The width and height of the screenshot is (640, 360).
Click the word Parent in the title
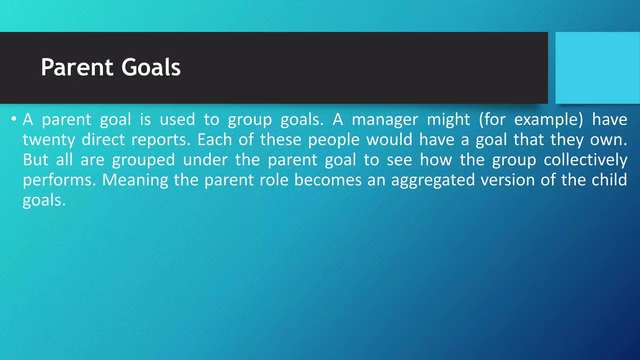(x=77, y=67)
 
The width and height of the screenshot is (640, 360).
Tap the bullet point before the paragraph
(x=13, y=119)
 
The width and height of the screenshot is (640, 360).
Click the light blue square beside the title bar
(x=597, y=67)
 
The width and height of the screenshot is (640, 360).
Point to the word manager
(x=385, y=120)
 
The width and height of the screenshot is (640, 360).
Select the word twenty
(x=49, y=140)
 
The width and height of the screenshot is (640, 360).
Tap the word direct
(x=103, y=140)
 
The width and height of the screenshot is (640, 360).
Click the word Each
(x=214, y=139)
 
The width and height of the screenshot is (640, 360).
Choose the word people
(x=333, y=140)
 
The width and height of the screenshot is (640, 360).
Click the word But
(x=36, y=160)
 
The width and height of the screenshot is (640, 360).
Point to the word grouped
(x=143, y=160)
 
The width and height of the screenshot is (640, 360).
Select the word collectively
(x=585, y=160)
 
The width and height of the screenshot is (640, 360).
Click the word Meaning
(x=135, y=181)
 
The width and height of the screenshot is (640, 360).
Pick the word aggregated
(x=433, y=181)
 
